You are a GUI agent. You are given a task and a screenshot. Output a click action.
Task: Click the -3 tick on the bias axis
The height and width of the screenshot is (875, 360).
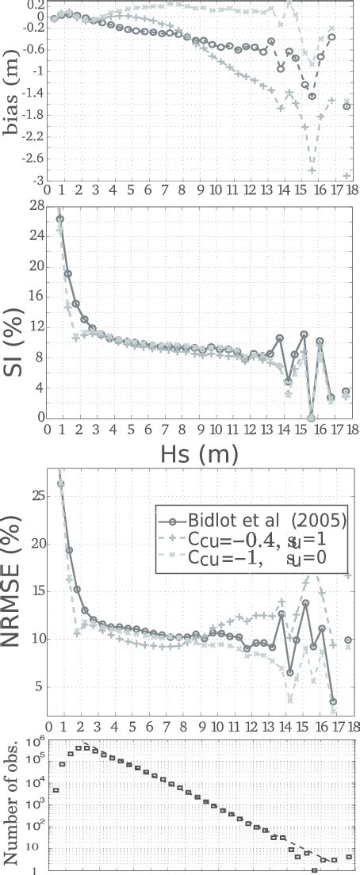[x=36, y=181]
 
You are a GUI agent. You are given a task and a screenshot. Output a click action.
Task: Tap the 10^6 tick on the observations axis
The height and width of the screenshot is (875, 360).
[x=34, y=740]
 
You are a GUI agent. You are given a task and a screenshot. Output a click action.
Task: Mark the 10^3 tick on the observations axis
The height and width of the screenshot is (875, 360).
[x=34, y=805]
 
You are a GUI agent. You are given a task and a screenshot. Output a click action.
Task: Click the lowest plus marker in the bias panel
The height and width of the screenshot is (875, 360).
[x=347, y=176]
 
